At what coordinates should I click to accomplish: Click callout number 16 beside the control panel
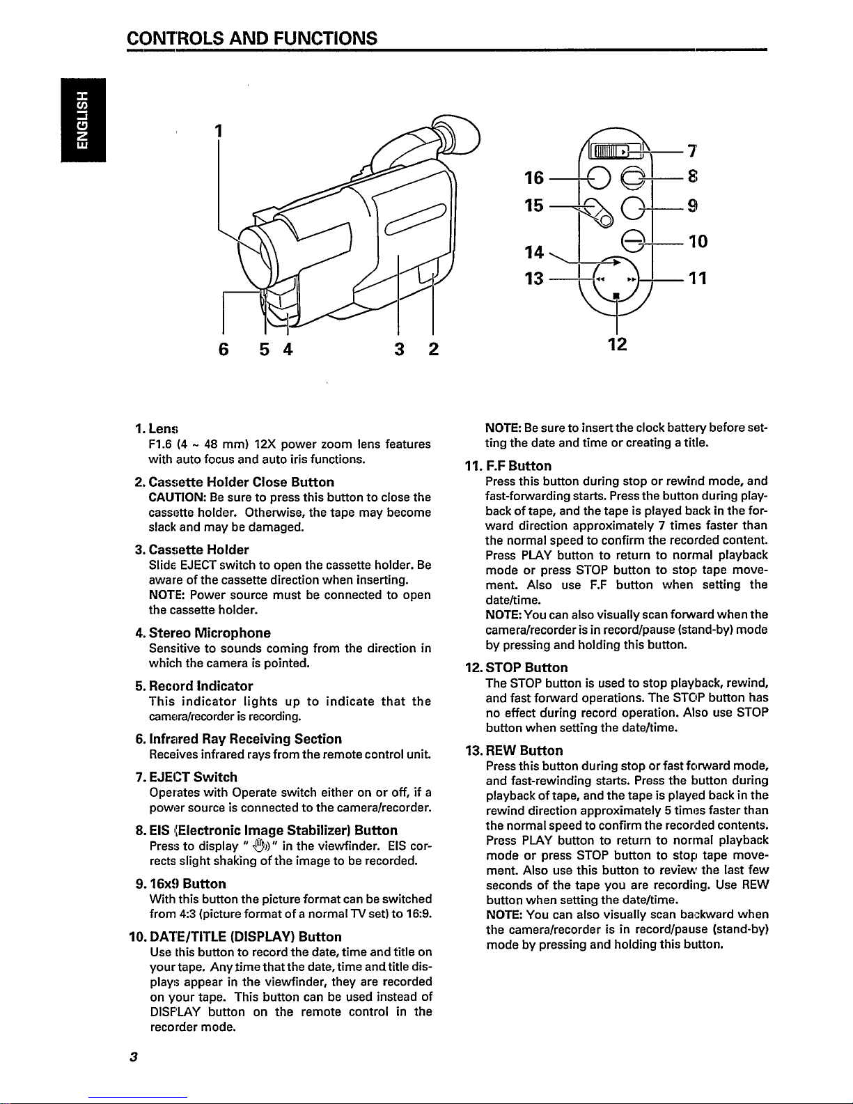(x=534, y=178)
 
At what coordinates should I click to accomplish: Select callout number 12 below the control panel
(x=617, y=344)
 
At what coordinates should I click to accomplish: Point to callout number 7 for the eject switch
(x=692, y=151)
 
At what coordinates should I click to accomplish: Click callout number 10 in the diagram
(x=698, y=242)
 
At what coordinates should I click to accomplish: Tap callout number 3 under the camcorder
(x=399, y=349)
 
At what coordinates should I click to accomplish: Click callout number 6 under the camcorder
(x=224, y=349)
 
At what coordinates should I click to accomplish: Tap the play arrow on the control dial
(x=616, y=263)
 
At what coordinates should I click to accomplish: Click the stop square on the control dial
(x=616, y=295)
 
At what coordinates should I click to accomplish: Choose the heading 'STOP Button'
(x=526, y=667)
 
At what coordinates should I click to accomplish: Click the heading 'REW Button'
(x=524, y=750)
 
